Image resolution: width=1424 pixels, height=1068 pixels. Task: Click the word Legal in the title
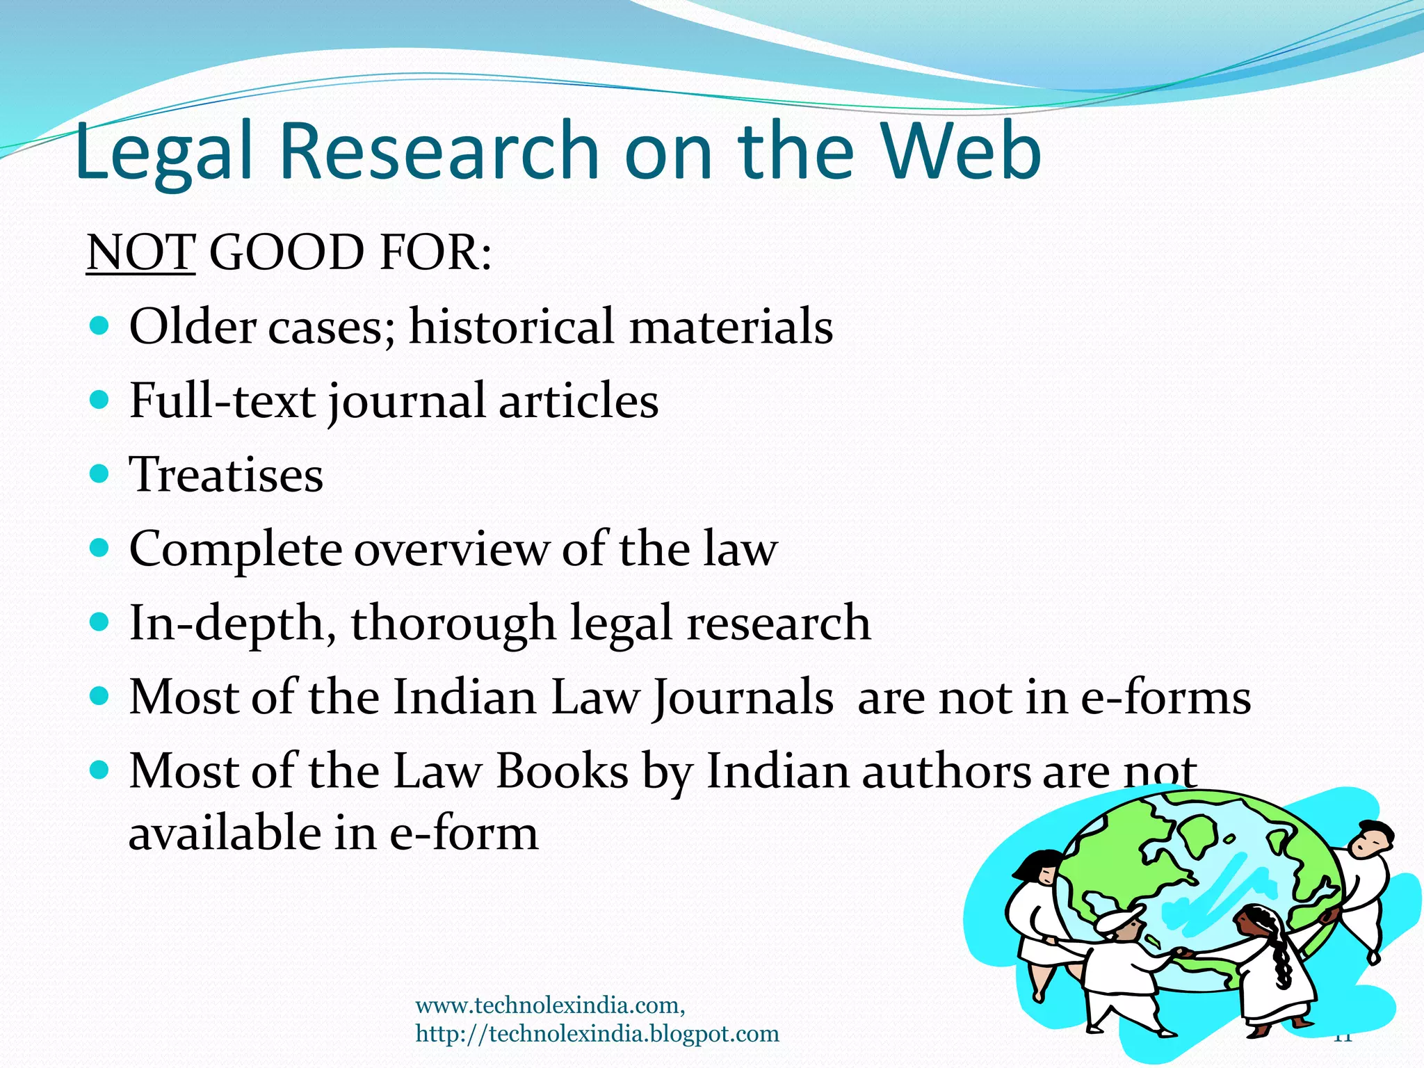pos(163,152)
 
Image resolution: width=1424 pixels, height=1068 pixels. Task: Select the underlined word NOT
pos(140,252)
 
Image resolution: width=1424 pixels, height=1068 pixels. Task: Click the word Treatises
pos(226,475)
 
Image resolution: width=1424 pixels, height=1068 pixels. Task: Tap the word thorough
pos(453,623)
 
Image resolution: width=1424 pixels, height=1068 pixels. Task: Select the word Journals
pos(742,697)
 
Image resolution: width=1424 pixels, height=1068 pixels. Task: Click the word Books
pos(563,771)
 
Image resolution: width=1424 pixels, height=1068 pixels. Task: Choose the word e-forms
pos(1165,697)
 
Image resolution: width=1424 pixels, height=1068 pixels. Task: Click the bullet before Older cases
pos(100,325)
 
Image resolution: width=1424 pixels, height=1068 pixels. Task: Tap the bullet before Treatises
pos(100,474)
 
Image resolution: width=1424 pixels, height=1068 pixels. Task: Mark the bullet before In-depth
pos(100,621)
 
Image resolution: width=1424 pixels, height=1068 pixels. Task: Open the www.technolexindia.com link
pos(549,1005)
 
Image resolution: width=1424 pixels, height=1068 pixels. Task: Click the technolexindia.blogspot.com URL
pos(597,1034)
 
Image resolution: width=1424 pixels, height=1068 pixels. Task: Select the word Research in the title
pos(439,152)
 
